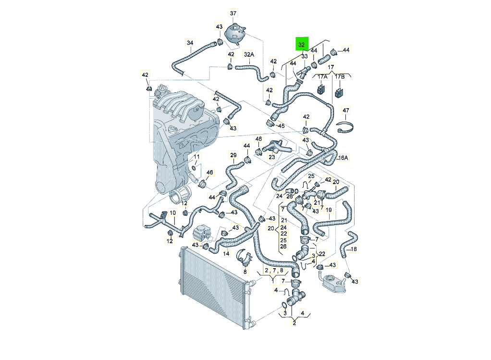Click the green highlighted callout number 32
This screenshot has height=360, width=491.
302,44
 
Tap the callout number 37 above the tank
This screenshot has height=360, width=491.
233,13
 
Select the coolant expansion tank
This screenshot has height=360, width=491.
234,33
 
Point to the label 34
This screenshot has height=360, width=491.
190,43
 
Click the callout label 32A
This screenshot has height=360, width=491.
248,54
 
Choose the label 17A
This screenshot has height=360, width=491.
321,76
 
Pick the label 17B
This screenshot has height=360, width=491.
340,76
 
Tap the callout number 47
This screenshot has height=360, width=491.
346,111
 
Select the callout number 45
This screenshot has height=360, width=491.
281,126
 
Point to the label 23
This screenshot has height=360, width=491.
271,156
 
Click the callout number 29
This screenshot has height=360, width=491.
233,155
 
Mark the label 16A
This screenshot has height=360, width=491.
343,158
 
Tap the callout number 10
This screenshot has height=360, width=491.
172,212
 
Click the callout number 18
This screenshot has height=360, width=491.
354,249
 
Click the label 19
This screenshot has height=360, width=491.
329,210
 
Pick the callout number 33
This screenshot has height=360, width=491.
304,56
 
